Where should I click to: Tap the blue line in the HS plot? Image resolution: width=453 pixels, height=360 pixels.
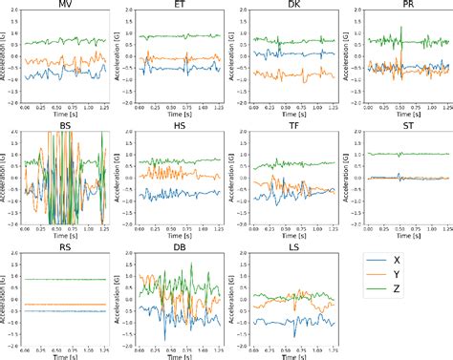182,195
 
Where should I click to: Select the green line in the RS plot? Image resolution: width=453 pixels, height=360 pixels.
67,279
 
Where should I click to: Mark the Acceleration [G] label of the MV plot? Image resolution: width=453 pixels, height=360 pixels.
6,59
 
